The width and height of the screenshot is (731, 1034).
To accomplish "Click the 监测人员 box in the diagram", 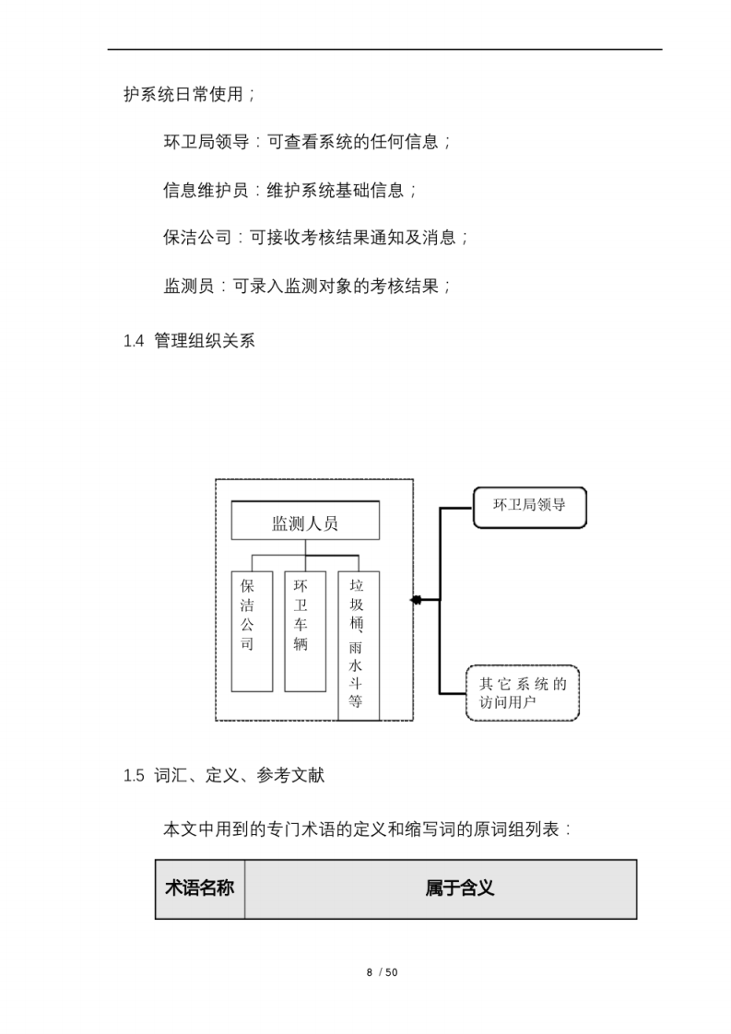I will [x=304, y=523].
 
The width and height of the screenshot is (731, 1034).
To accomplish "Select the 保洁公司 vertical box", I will [x=252, y=631].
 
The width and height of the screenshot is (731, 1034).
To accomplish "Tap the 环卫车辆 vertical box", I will [x=304, y=631].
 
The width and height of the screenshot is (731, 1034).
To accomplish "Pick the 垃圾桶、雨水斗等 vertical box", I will [x=358, y=645].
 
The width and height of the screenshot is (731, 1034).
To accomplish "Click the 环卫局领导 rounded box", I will [x=529, y=507].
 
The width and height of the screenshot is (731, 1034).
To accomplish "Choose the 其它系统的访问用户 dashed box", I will [x=522, y=692].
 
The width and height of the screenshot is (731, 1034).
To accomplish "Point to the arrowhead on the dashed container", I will [x=417, y=600].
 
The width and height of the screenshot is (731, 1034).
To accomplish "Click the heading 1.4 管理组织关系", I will [x=189, y=341].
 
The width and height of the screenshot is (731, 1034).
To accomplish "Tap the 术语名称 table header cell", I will [x=199, y=889].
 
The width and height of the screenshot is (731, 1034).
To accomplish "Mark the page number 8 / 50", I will [x=382, y=972].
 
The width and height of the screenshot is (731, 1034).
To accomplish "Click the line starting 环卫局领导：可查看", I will [x=307, y=142].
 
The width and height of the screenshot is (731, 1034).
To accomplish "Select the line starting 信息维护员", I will [x=290, y=190].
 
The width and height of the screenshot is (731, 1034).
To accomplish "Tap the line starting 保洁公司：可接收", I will [x=316, y=238].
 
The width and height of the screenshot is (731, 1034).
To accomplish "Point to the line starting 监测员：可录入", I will [x=307, y=286].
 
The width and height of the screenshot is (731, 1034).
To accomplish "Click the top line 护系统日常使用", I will [x=189, y=94].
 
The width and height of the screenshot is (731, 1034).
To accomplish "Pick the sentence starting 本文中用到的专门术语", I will [x=368, y=828].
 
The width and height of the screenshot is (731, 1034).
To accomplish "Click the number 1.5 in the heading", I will [x=134, y=776].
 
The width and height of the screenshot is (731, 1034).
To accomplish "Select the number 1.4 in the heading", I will [x=134, y=341].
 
